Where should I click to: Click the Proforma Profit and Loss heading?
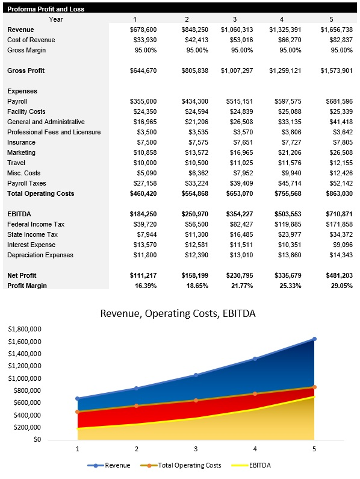46,9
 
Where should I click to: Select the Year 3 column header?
235,19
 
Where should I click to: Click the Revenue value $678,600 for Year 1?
143,30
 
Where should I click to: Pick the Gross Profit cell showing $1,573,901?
337,70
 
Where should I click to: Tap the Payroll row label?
17,101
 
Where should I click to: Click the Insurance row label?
21,142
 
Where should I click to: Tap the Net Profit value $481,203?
337,275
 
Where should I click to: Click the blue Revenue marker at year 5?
314,339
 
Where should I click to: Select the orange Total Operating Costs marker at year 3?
196,400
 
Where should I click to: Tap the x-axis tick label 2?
137,449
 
